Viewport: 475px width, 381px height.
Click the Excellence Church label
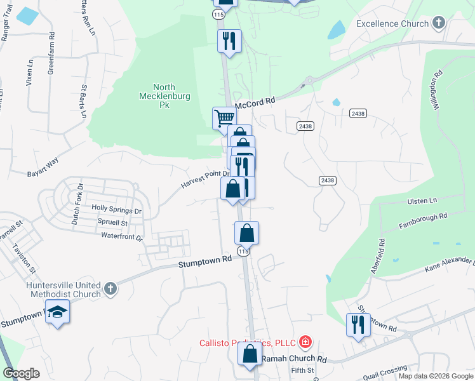(392, 24)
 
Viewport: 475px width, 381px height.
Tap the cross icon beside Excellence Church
(438, 23)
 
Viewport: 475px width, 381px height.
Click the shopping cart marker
(224, 117)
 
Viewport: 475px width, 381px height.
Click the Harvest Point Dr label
(204, 178)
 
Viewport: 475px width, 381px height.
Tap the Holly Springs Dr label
(116, 208)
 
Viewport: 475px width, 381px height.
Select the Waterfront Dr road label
(122, 236)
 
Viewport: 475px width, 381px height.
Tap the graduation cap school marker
(58, 313)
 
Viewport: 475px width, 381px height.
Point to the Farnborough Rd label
(423, 220)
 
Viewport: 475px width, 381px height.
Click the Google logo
(21, 373)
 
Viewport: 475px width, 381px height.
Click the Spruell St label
(112, 223)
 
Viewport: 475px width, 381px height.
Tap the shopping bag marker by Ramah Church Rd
(250, 353)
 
